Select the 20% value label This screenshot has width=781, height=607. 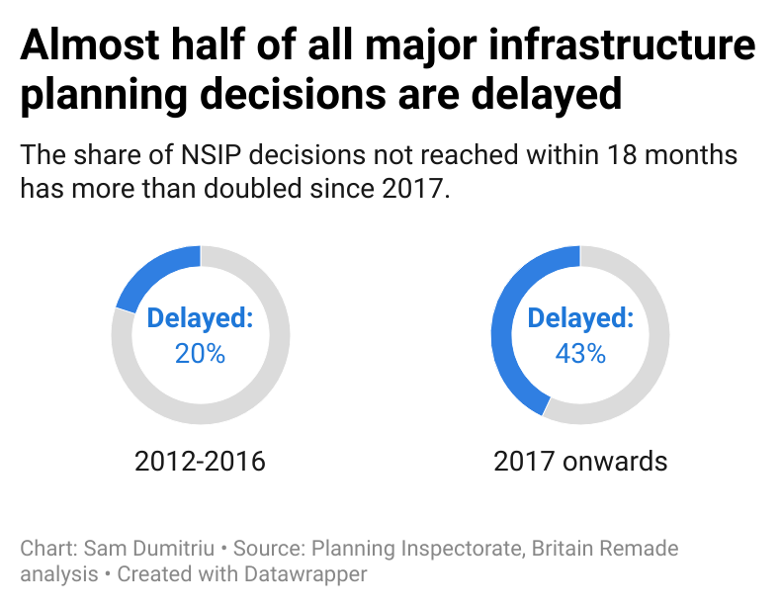click(x=200, y=353)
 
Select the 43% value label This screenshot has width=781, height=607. click(x=580, y=353)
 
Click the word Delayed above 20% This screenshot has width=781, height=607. click(x=200, y=318)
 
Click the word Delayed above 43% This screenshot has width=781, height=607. click(x=580, y=318)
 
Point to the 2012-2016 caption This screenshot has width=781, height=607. click(x=200, y=461)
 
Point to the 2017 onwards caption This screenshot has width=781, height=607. click(x=580, y=461)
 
